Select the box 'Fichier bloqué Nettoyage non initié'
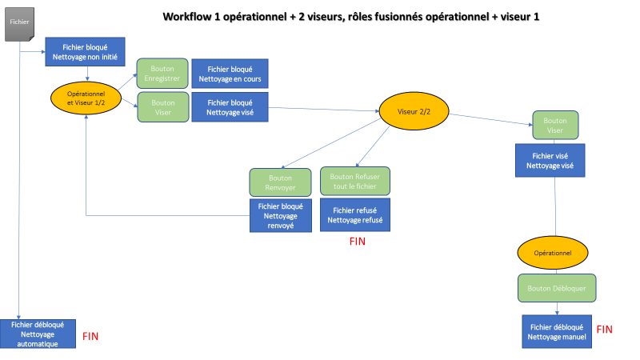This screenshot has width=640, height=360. (x=85, y=52)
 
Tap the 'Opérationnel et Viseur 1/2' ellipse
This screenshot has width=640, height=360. (x=85, y=98)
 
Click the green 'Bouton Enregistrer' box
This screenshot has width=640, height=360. (x=163, y=73)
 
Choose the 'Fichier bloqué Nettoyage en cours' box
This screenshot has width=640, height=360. (x=229, y=73)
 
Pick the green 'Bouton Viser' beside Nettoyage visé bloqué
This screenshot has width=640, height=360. (x=163, y=107)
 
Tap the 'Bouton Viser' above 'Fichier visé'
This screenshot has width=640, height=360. (x=555, y=125)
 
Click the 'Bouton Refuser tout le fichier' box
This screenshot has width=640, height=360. (x=355, y=182)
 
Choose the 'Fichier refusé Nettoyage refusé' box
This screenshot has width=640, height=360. (x=355, y=214)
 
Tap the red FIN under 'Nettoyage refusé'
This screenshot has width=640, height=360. (x=357, y=241)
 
